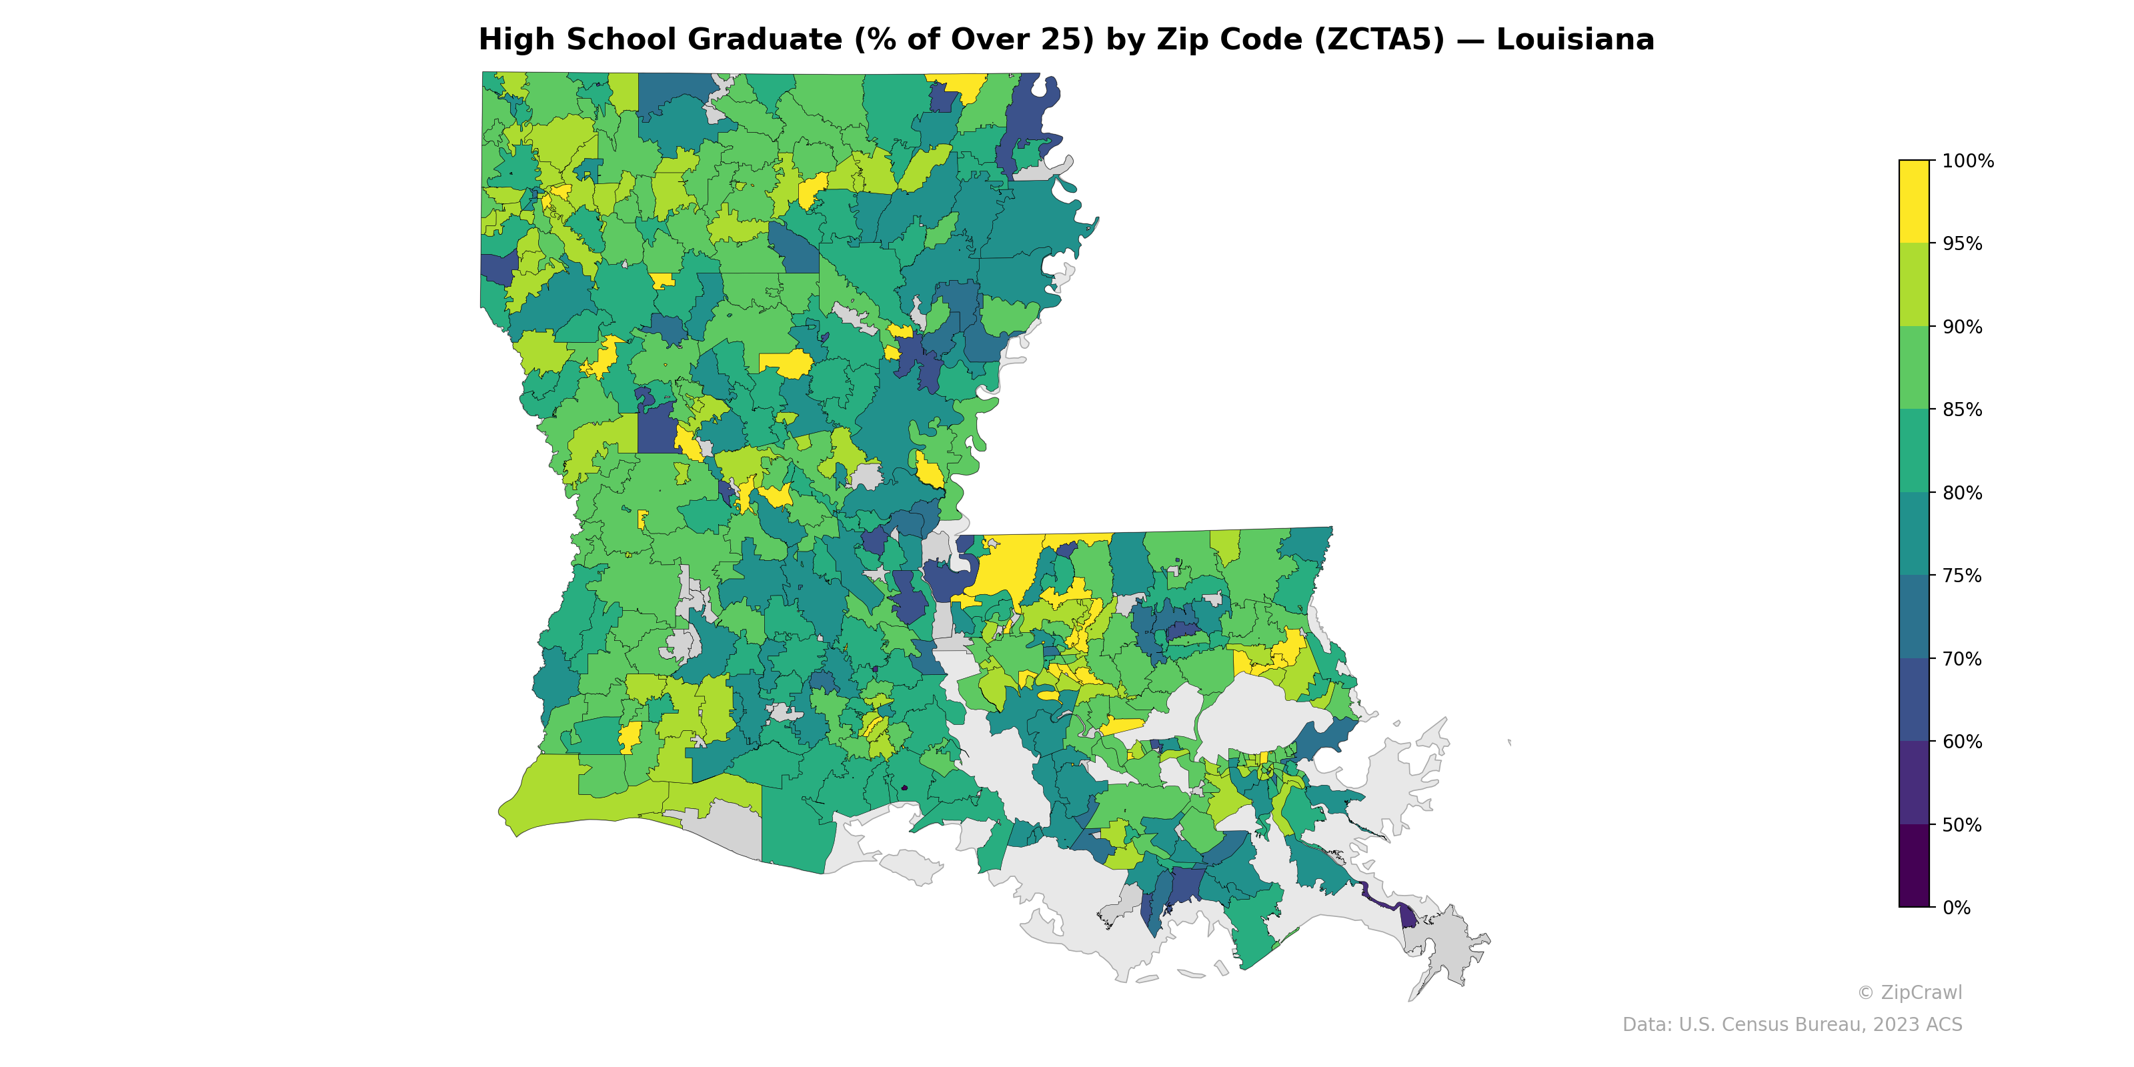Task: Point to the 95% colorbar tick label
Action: (x=1962, y=243)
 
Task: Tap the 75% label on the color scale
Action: (x=1962, y=576)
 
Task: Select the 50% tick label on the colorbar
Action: (x=1962, y=825)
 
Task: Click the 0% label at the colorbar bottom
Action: (x=1956, y=908)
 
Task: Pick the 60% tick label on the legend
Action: (x=1962, y=742)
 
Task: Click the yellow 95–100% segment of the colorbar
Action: (x=1914, y=201)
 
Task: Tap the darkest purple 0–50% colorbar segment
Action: (x=1914, y=866)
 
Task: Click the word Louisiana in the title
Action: (x=1574, y=40)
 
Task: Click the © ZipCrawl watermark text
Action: (x=1909, y=992)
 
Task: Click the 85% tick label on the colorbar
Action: (x=1962, y=409)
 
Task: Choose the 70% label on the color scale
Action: (x=1962, y=659)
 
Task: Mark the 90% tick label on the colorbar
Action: (x=1962, y=326)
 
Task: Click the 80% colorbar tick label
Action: (x=1962, y=493)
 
